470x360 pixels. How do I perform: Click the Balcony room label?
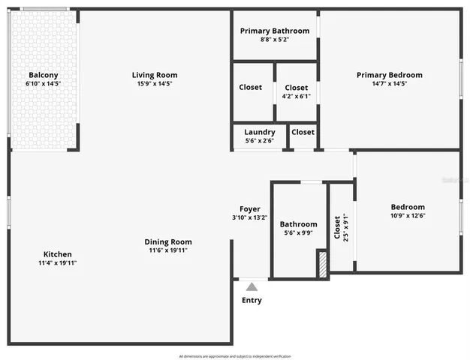tap(43, 75)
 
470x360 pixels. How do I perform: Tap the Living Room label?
tap(155, 75)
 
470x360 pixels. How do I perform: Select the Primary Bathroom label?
tap(275, 31)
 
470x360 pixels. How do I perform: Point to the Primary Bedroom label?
tap(389, 75)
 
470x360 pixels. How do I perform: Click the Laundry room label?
tap(260, 132)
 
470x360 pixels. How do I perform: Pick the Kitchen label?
tap(58, 254)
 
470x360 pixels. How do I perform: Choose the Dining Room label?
tap(168, 241)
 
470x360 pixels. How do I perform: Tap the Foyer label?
tap(250, 209)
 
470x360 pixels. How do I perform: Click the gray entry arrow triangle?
tap(252, 286)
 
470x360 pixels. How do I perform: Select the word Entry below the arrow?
tap(252, 301)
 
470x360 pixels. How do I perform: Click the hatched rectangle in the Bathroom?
tap(322, 265)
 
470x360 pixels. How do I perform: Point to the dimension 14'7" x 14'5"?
tap(389, 84)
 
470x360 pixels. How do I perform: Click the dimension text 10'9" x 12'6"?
tap(408, 216)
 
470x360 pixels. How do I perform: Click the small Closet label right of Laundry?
tap(303, 132)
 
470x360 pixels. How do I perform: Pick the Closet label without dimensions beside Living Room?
tap(251, 88)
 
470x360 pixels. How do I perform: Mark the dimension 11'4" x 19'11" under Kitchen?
tap(58, 263)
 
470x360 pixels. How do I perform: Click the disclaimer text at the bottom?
tap(234, 355)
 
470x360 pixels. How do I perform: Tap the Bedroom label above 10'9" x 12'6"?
tap(408, 207)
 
